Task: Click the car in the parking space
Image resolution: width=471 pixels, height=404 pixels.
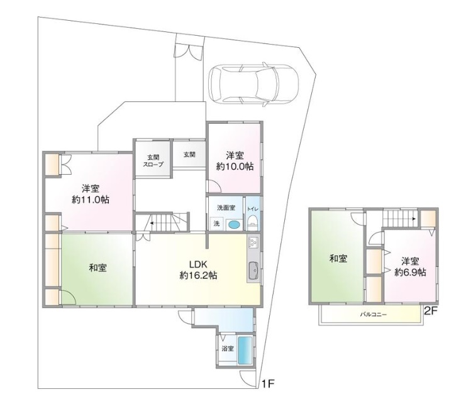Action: (x=254, y=84)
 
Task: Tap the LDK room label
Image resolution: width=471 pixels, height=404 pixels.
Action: (x=198, y=264)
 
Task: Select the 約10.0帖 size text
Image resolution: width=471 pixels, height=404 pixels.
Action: (x=235, y=166)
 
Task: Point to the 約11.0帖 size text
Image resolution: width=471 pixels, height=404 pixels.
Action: (x=90, y=199)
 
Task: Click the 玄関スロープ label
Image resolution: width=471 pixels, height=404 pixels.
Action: (x=153, y=161)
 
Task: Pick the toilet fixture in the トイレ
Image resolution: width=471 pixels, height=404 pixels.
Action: (x=253, y=222)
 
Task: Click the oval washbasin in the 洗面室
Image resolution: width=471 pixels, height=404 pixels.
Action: (x=233, y=224)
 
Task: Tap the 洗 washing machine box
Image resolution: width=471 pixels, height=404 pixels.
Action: (x=216, y=223)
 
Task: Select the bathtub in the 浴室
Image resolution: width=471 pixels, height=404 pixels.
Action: (x=246, y=351)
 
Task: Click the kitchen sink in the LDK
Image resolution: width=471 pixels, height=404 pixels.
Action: (x=254, y=270)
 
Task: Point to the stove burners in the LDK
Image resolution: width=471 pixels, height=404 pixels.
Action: (x=252, y=242)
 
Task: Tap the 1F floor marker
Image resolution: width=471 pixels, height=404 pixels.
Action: (x=269, y=384)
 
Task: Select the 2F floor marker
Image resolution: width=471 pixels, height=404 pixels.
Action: (x=430, y=311)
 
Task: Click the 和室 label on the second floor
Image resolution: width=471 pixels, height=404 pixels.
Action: (x=338, y=258)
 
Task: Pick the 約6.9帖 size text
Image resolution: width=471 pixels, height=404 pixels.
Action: (x=410, y=272)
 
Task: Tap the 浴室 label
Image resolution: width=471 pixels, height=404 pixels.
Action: (x=228, y=349)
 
